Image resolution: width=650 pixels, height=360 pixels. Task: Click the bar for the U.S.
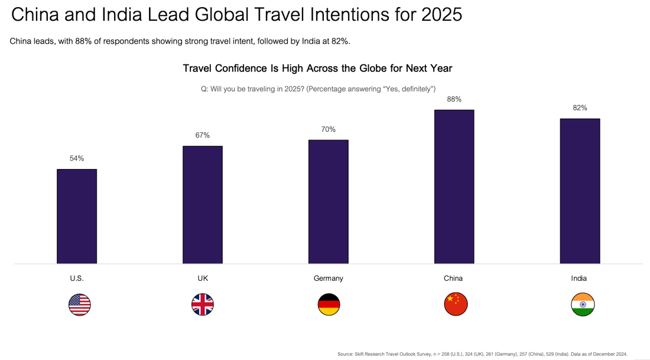[x=77, y=216]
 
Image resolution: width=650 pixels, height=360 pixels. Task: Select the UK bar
[x=203, y=205]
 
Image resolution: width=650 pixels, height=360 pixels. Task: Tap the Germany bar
[x=329, y=202]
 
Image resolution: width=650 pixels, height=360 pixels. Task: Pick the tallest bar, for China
[x=454, y=187]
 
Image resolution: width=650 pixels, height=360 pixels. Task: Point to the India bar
[x=580, y=191]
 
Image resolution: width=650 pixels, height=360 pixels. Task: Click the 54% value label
[x=77, y=158]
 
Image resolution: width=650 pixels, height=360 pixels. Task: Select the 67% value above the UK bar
[x=203, y=135]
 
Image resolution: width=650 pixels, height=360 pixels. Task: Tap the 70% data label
[x=329, y=129]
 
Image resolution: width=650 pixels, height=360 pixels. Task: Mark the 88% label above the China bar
[x=454, y=99]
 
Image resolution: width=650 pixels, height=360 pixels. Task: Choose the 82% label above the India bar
[x=580, y=108]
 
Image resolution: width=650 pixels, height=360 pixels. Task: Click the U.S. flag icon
[x=80, y=304]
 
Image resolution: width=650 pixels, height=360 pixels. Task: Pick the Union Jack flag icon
[x=203, y=304]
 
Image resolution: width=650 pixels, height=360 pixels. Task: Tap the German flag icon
[x=329, y=304]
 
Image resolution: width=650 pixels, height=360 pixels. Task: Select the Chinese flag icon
[x=456, y=304]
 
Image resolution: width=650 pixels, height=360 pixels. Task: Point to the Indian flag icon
[x=583, y=304]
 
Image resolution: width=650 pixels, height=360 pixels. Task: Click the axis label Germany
[x=329, y=278]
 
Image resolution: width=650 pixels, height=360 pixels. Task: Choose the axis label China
[x=453, y=278]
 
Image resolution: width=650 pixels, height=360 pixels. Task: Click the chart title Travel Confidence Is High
[x=317, y=69]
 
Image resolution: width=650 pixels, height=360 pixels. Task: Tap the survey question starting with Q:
[x=318, y=89]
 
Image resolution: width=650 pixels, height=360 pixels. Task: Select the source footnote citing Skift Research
[x=482, y=354]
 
